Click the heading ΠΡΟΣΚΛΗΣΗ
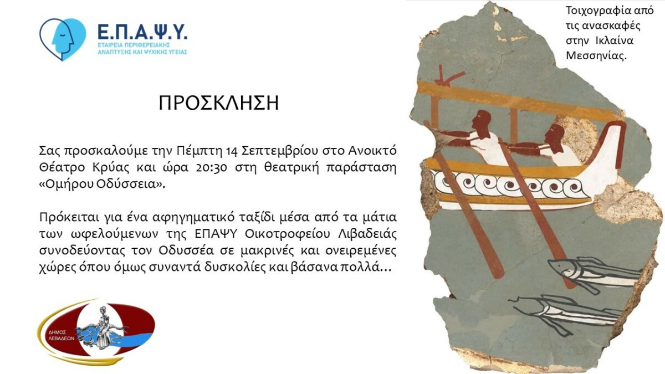click(219, 103)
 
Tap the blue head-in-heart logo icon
click(63, 39)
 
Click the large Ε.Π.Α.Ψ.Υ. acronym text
click(142, 32)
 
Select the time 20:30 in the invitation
click(212, 168)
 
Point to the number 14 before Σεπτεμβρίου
click(232, 151)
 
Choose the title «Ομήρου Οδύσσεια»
click(102, 185)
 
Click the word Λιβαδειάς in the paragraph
click(367, 234)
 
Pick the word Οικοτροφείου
click(288, 234)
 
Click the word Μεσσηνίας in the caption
click(596, 56)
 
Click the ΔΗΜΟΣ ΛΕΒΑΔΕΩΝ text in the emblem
click(61, 335)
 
